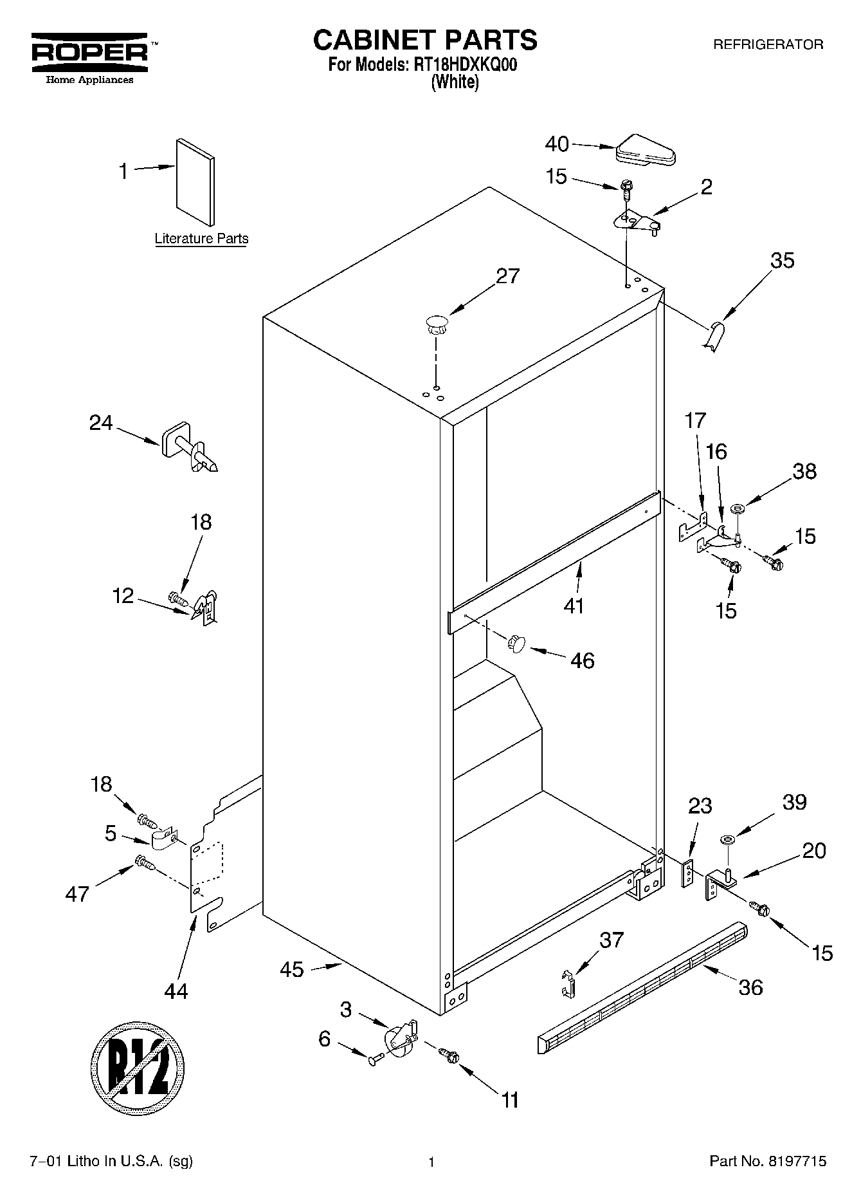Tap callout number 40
click(x=557, y=144)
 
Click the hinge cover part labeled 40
click(x=645, y=150)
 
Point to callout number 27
click(x=507, y=276)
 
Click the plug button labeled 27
click(x=436, y=323)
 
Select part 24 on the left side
click(x=190, y=448)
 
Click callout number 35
click(x=782, y=261)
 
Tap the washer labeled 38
click(x=738, y=510)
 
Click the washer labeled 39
click(x=728, y=839)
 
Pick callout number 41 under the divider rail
click(x=574, y=606)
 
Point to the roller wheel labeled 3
click(x=399, y=1037)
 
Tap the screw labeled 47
click(x=145, y=863)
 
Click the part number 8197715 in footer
click(x=795, y=1161)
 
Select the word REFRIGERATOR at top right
click(x=768, y=44)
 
